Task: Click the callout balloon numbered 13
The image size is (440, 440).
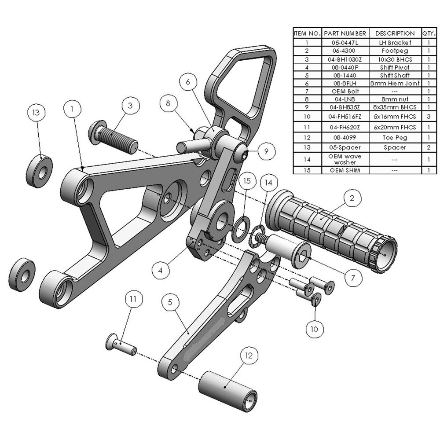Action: (36, 113)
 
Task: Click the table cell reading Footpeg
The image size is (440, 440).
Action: (395, 51)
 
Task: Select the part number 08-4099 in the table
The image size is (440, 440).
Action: (345, 137)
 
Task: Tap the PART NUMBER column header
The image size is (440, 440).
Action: (345, 33)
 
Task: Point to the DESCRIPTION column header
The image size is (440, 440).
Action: (395, 33)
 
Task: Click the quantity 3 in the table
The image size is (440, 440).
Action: (429, 116)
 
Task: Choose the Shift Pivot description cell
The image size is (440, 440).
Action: (395, 67)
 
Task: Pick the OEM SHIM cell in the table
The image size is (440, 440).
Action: (345, 170)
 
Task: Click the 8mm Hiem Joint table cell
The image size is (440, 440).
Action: (395, 83)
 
